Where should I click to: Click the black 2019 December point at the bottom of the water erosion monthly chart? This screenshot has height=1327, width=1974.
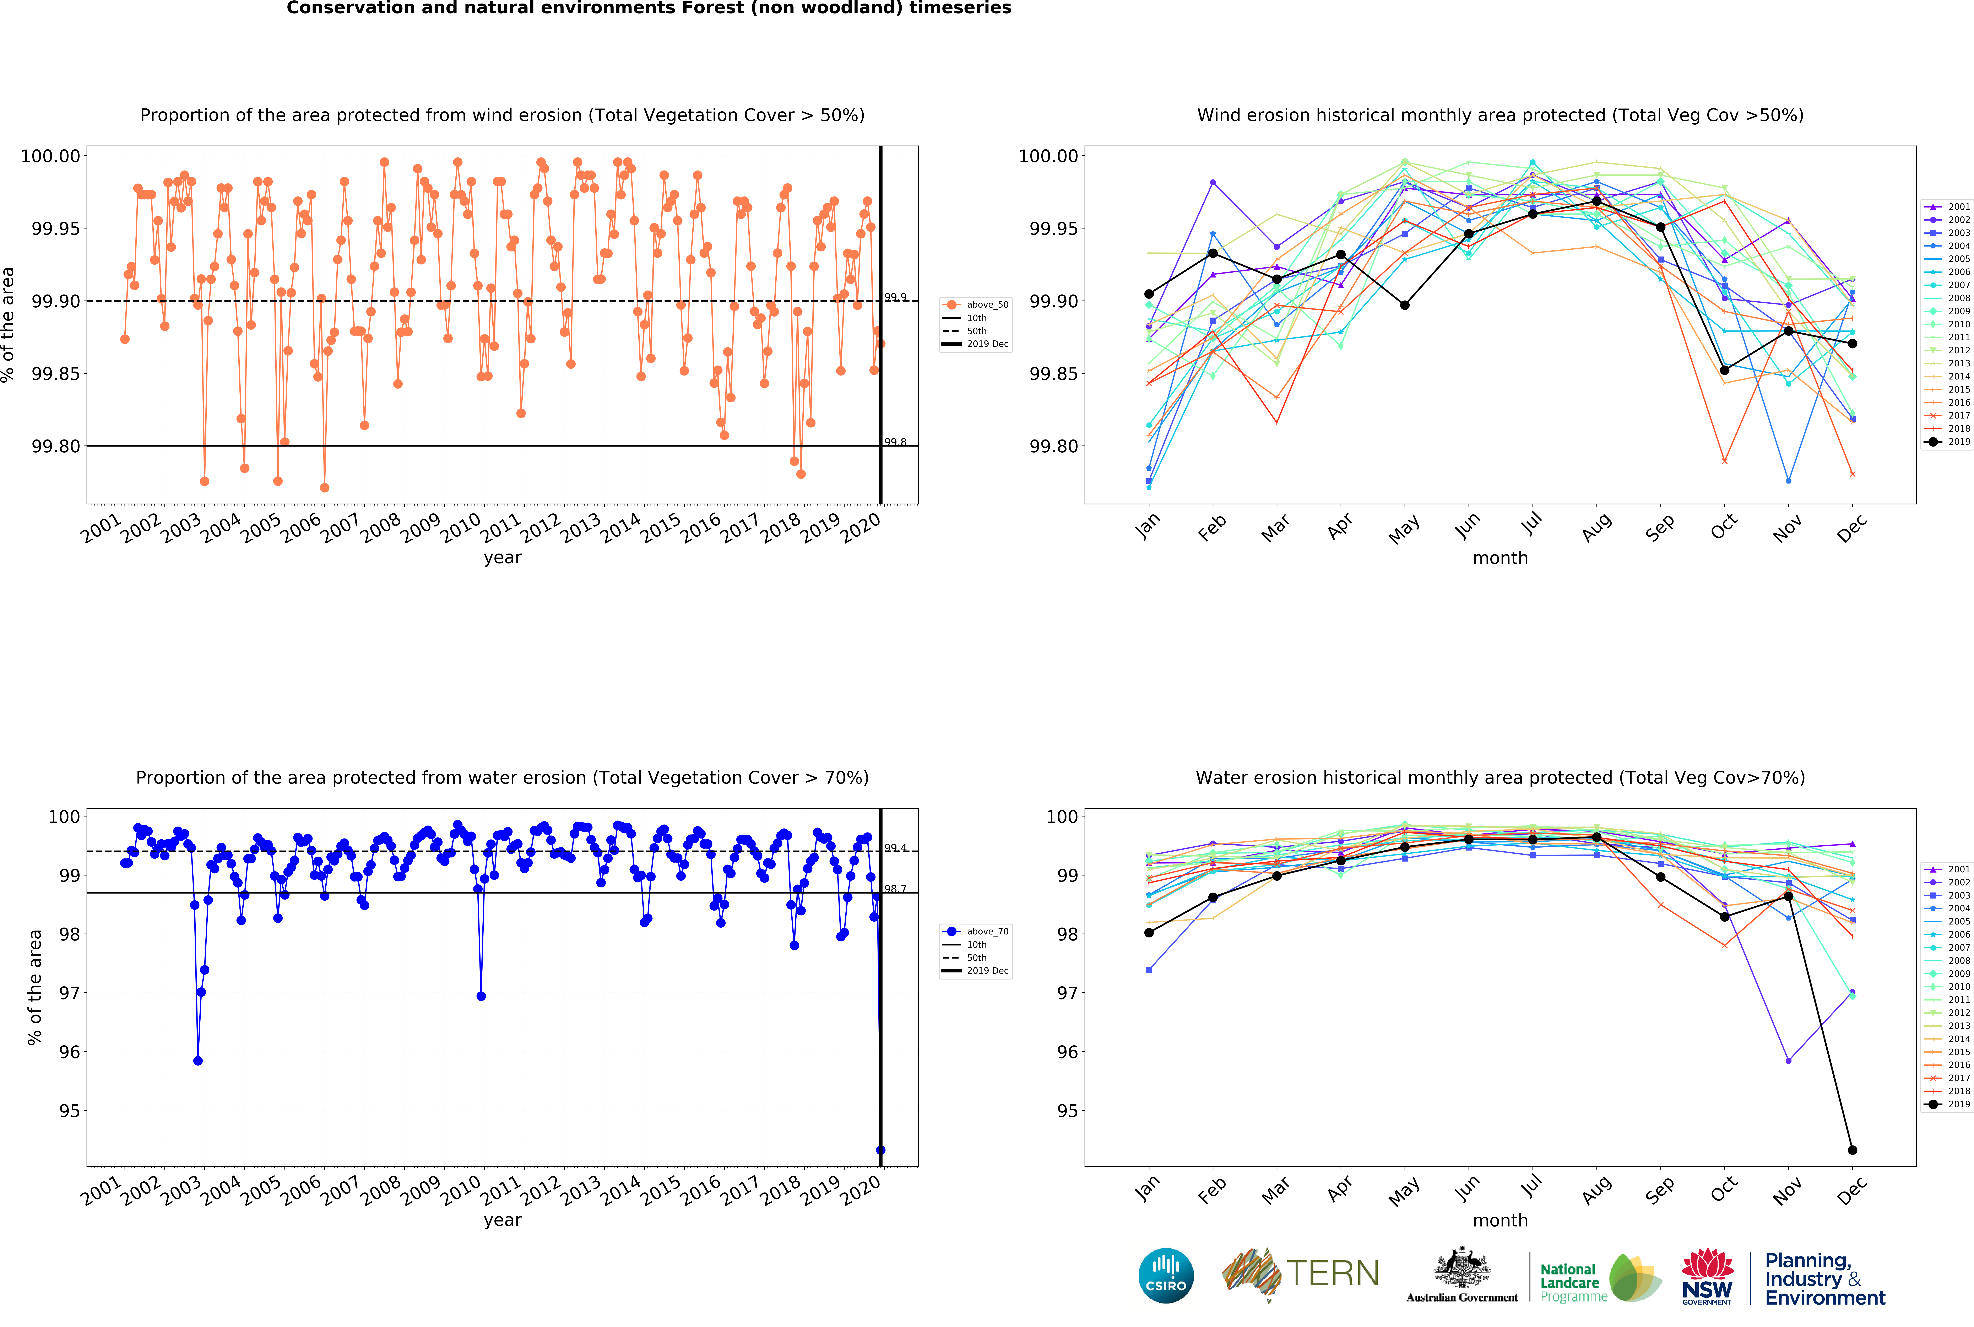pyautogui.click(x=1852, y=1150)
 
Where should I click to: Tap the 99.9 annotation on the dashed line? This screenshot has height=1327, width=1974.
pyautogui.click(x=895, y=297)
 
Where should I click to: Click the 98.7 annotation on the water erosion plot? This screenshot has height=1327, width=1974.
pyautogui.click(x=895, y=889)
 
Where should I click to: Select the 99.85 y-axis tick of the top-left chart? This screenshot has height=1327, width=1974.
pyautogui.click(x=56, y=374)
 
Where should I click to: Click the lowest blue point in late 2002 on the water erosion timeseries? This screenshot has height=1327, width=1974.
pyautogui.click(x=198, y=1060)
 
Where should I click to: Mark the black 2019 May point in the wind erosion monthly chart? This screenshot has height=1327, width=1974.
pyautogui.click(x=1405, y=306)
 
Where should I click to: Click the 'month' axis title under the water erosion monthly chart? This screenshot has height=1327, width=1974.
pyautogui.click(x=1500, y=1220)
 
